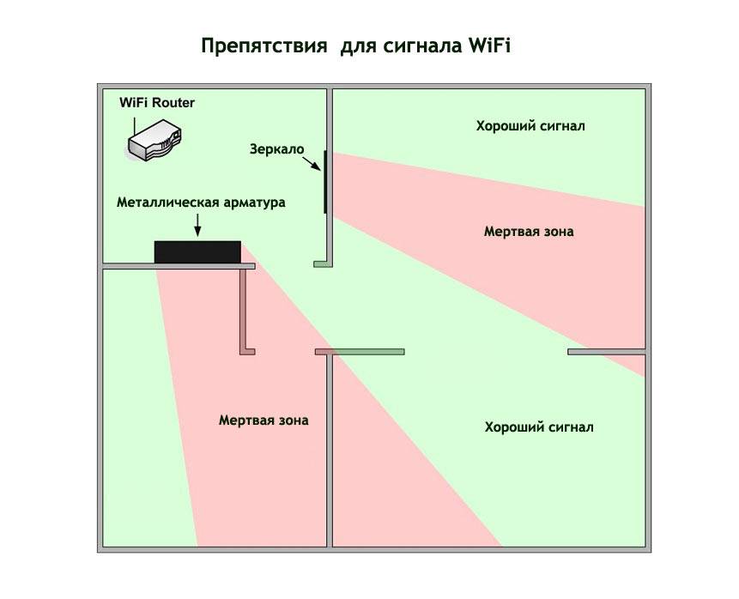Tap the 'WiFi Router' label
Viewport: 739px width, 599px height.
point(157,103)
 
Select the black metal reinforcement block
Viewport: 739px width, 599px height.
point(197,252)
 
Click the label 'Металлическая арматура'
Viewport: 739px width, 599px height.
point(200,203)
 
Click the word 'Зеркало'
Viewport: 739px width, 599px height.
point(277,148)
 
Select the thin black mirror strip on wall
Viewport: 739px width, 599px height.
point(325,182)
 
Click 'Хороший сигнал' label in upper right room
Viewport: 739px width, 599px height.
point(530,126)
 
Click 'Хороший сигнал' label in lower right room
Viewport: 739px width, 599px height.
point(538,427)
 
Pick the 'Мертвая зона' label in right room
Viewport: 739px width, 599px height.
point(528,232)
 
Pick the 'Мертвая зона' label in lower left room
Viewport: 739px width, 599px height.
point(263,421)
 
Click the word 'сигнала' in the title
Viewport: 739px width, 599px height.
point(423,45)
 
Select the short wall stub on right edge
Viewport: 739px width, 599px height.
point(606,352)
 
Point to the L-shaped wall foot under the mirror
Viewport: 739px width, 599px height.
point(323,263)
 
